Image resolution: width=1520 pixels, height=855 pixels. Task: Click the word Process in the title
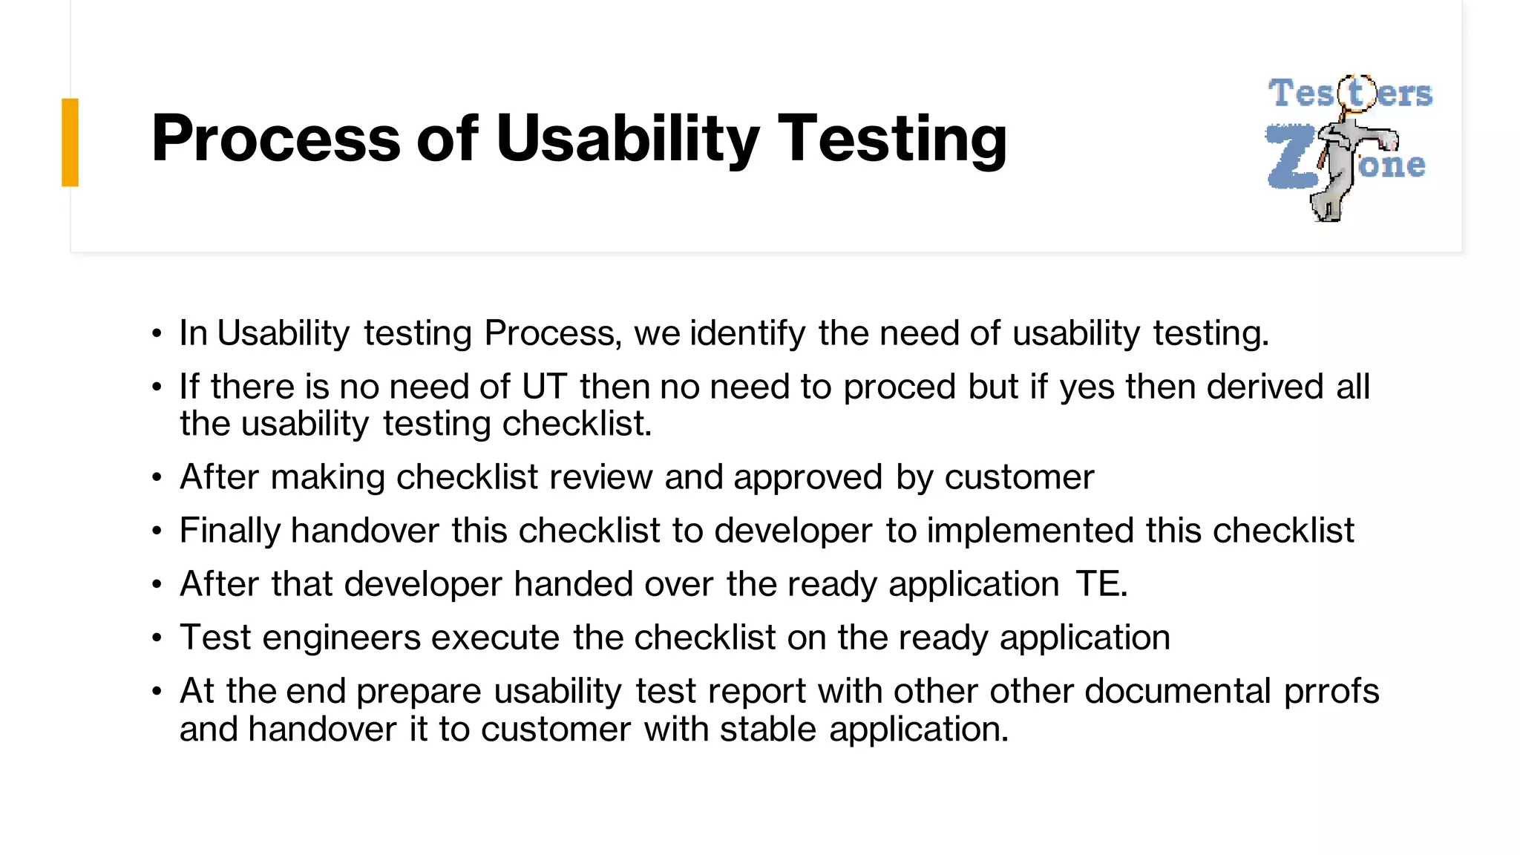coord(275,139)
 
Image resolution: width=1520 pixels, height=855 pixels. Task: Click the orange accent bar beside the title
coord(70,142)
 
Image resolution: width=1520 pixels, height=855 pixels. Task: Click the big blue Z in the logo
coord(1291,157)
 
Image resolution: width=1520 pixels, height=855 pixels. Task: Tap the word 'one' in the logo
coord(1392,166)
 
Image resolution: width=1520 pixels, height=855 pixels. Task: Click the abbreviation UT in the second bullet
coord(544,387)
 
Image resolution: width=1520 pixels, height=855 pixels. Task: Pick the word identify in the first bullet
coord(747,333)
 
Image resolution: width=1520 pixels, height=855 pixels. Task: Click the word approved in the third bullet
coord(808,477)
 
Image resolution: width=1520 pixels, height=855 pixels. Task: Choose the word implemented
coord(1030,531)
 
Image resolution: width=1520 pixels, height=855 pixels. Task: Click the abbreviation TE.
coord(1101,584)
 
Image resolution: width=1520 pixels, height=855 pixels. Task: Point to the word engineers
coord(341,638)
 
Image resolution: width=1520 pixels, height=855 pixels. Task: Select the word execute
coord(495,638)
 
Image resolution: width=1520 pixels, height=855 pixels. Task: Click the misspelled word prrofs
coord(1331,692)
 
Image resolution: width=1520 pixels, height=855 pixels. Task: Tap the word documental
coord(1178,691)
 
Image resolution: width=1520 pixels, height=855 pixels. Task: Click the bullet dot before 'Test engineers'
coord(157,638)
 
